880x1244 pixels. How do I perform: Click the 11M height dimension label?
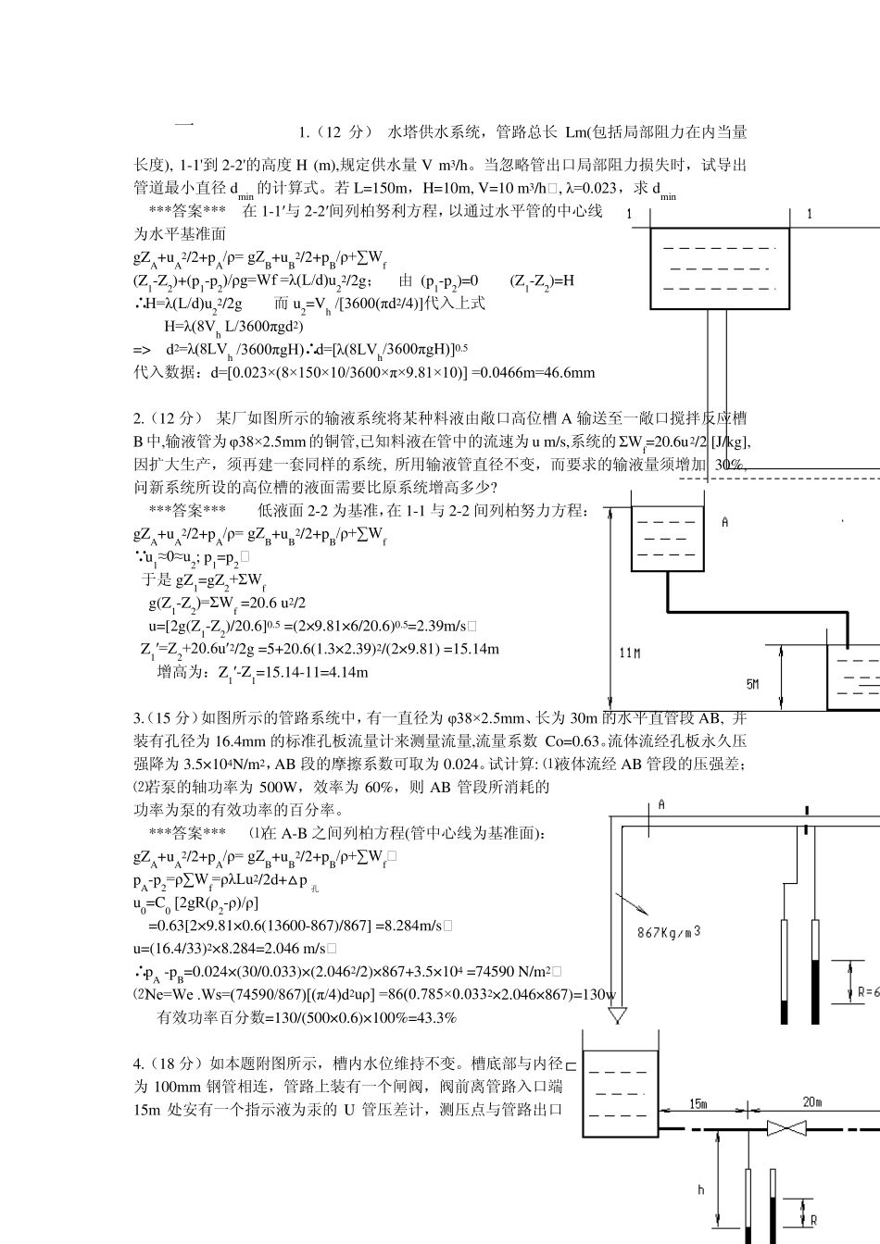630,653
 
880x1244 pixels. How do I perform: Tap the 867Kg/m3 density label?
669,931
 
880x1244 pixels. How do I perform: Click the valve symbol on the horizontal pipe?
788,1129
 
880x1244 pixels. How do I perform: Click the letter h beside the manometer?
700,1190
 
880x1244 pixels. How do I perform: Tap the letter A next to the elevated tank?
724,523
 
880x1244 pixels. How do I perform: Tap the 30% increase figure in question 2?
730,465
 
